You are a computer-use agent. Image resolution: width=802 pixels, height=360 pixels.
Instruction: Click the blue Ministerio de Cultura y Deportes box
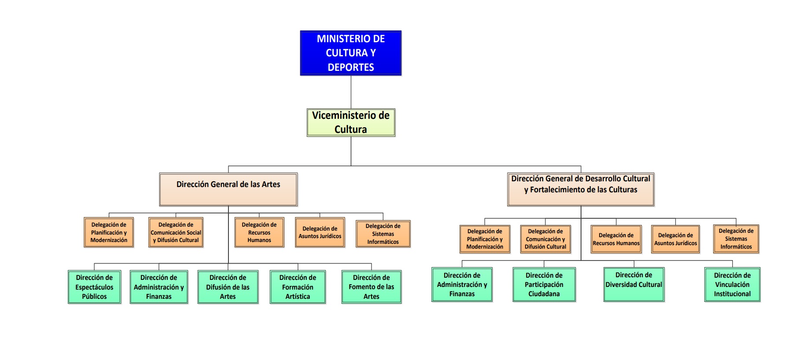tap(350, 53)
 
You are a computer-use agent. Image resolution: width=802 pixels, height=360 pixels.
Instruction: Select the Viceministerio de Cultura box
tap(350, 122)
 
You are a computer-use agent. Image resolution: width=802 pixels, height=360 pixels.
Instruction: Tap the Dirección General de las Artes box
tap(228, 189)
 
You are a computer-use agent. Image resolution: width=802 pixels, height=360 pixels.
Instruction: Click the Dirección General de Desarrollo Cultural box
tap(580, 189)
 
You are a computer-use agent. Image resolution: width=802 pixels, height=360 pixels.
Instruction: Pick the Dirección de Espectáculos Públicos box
tap(94, 287)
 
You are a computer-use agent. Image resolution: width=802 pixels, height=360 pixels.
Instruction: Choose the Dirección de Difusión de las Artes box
tap(228, 287)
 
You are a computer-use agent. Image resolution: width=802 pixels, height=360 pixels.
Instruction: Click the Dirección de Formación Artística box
tap(298, 287)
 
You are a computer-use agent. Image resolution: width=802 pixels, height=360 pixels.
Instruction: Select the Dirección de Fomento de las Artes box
tap(371, 287)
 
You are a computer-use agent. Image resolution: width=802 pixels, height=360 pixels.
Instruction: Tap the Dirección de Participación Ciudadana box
tap(544, 285)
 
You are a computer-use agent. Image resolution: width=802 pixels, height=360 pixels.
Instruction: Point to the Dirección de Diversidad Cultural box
tap(633, 285)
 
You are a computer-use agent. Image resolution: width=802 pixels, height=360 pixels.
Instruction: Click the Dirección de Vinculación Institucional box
tap(732, 285)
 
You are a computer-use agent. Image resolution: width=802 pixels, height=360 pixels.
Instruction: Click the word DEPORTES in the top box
tap(350, 67)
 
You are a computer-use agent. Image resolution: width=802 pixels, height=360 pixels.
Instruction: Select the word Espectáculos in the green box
tap(94, 287)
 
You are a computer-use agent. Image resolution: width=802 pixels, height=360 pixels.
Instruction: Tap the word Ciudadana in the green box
tap(544, 294)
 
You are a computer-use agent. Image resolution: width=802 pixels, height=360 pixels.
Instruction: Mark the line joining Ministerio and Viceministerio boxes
tap(351, 92)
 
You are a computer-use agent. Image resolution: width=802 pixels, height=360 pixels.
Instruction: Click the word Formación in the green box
tap(298, 287)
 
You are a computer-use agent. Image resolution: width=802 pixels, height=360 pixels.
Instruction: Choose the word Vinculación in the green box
tap(732, 285)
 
